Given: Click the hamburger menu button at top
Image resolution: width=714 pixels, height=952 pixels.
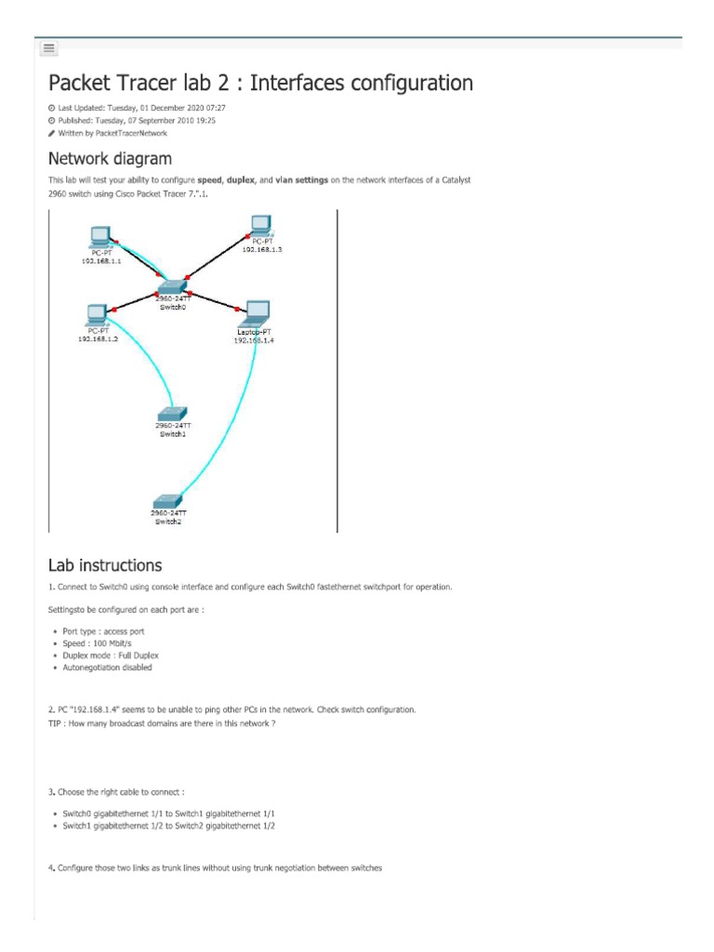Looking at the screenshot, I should coord(49,47).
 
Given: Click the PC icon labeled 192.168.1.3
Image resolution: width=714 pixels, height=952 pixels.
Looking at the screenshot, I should coord(260,224).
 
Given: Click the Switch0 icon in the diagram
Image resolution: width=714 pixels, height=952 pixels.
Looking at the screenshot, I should coord(171,286).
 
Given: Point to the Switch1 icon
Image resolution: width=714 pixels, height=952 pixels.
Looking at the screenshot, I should coord(172,413).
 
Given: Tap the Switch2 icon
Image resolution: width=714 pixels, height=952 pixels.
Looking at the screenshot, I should coord(168,500).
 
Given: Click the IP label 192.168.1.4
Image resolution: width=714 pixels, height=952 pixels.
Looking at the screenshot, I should coord(254,340).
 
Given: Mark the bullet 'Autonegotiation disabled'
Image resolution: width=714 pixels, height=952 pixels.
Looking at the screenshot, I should coord(116,668).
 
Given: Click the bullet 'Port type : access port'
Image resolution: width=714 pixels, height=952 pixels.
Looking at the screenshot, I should coord(109,631).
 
